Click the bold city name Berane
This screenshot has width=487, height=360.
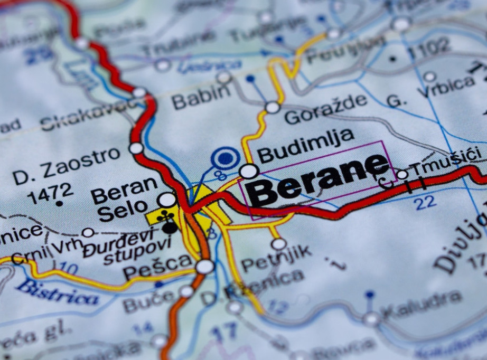coord(317,179)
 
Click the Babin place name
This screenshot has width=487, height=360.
coord(201,95)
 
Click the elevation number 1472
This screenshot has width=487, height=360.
coord(50,192)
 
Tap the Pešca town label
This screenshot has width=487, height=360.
coord(157,267)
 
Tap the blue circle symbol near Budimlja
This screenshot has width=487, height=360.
coord(226,158)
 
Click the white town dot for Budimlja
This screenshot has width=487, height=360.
coord(249,171)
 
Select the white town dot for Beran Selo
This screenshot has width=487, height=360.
coord(167,200)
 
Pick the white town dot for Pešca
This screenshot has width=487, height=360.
coord(204,267)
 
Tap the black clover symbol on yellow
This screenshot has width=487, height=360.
coord(165,215)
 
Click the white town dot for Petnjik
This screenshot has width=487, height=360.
coord(279,244)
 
